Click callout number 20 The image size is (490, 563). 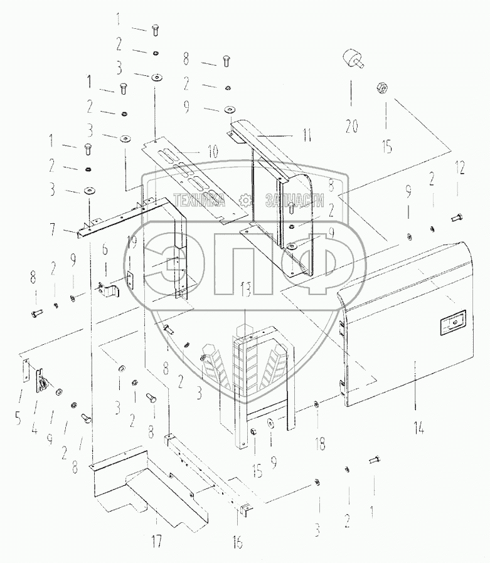pyautogui.click(x=352, y=126)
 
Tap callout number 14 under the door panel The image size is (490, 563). pyautogui.click(x=419, y=428)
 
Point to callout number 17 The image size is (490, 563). pyautogui.click(x=157, y=540)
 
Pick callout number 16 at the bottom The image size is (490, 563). pyautogui.click(x=237, y=542)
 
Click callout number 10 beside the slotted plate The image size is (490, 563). pyautogui.click(x=213, y=151)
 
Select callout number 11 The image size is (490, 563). pyautogui.click(x=307, y=135)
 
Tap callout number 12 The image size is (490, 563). pyautogui.click(x=460, y=168)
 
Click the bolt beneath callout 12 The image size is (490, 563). pyautogui.click(x=456, y=217)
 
